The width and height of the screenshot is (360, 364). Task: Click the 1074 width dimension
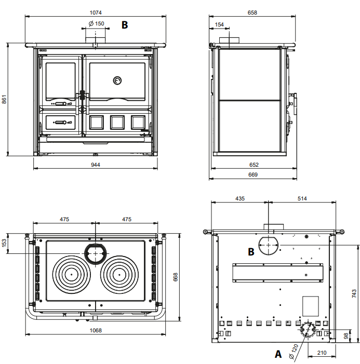[96, 12]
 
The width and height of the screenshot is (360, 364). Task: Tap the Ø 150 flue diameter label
[97, 23]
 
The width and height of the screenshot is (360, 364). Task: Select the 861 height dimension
[4, 99]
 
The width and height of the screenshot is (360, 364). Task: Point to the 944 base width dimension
[96, 165]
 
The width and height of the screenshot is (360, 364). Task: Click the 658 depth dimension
[252, 12]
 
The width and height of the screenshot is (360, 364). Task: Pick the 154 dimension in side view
[219, 24]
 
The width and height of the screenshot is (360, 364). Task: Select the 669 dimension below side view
[253, 174]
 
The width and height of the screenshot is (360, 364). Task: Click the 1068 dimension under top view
[96, 330]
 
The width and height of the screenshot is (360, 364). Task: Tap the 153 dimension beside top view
[4, 243]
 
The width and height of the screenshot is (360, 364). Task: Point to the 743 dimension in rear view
[354, 293]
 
